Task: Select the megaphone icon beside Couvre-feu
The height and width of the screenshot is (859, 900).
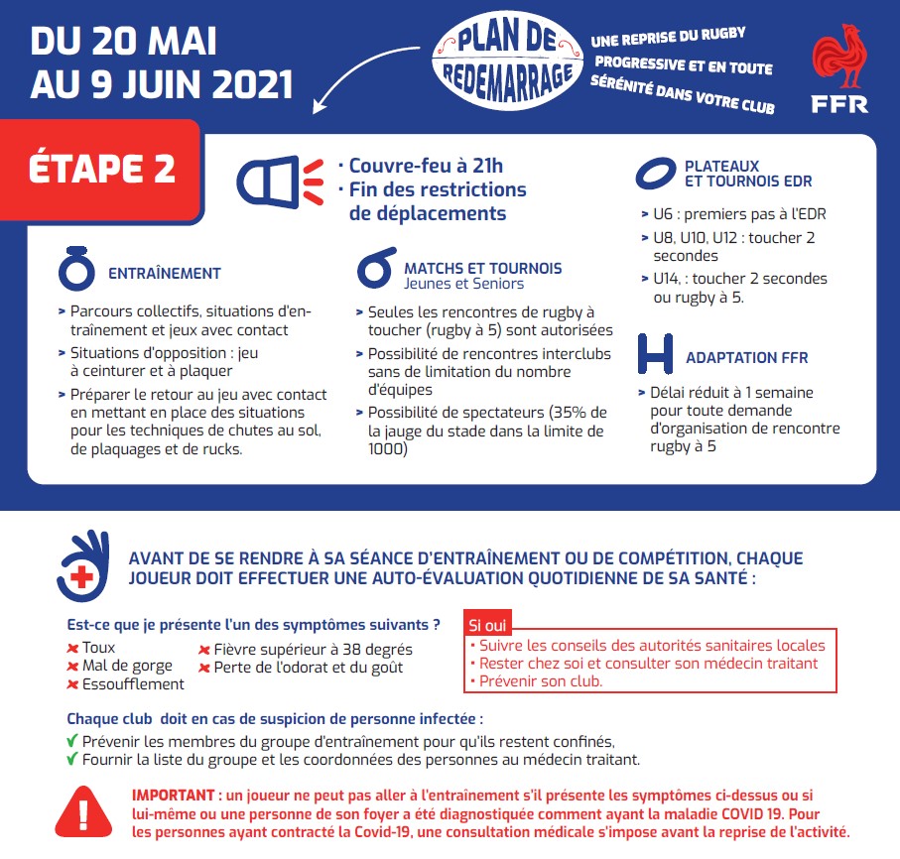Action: click(x=280, y=180)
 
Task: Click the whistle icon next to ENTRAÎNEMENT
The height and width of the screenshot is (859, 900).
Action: click(x=78, y=271)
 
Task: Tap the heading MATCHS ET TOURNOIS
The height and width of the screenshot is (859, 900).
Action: click(x=482, y=268)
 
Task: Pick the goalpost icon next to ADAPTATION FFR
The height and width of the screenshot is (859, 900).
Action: click(x=656, y=354)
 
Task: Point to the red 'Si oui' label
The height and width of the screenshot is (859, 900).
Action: click(x=486, y=626)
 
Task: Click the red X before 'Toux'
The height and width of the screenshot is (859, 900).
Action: click(x=72, y=649)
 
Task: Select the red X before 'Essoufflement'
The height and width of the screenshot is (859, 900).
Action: click(x=72, y=684)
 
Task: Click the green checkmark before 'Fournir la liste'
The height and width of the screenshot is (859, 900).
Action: click(x=72, y=760)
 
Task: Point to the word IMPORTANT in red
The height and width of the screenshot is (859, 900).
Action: click(x=174, y=796)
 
